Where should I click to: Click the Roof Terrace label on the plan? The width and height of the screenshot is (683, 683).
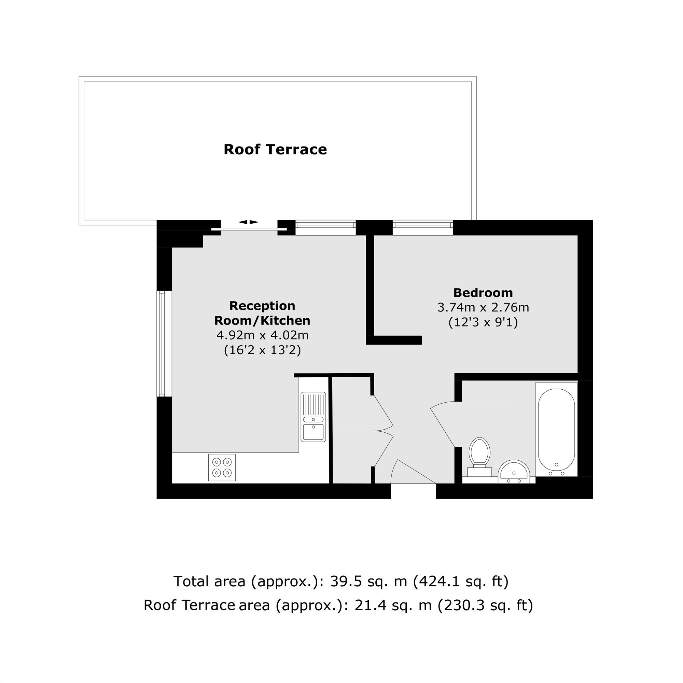click(x=275, y=150)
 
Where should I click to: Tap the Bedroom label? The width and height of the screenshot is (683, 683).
click(x=483, y=293)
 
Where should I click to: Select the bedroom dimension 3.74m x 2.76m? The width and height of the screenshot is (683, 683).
click(x=483, y=308)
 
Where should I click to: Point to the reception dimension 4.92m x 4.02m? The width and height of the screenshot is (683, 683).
click(x=262, y=335)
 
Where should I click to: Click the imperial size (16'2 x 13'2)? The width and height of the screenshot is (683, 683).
click(x=262, y=350)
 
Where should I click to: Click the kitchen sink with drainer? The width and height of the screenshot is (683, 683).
click(x=313, y=417)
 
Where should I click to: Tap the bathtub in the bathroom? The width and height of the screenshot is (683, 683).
click(x=556, y=430)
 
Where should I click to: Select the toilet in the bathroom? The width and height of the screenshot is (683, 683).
click(x=479, y=456)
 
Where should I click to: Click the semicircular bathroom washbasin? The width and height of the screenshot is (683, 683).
click(x=514, y=472)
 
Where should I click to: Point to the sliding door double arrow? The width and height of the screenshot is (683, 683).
click(x=248, y=222)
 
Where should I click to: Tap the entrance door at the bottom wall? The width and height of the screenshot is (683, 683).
click(x=413, y=472)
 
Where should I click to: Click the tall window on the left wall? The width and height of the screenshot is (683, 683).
click(x=164, y=343)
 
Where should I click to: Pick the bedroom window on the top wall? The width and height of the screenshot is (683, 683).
click(x=422, y=227)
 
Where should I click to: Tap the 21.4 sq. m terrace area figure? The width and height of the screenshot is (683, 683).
click(x=393, y=605)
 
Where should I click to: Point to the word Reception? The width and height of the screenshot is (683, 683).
click(x=262, y=306)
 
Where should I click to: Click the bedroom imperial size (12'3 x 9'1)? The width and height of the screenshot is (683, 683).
click(x=483, y=322)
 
